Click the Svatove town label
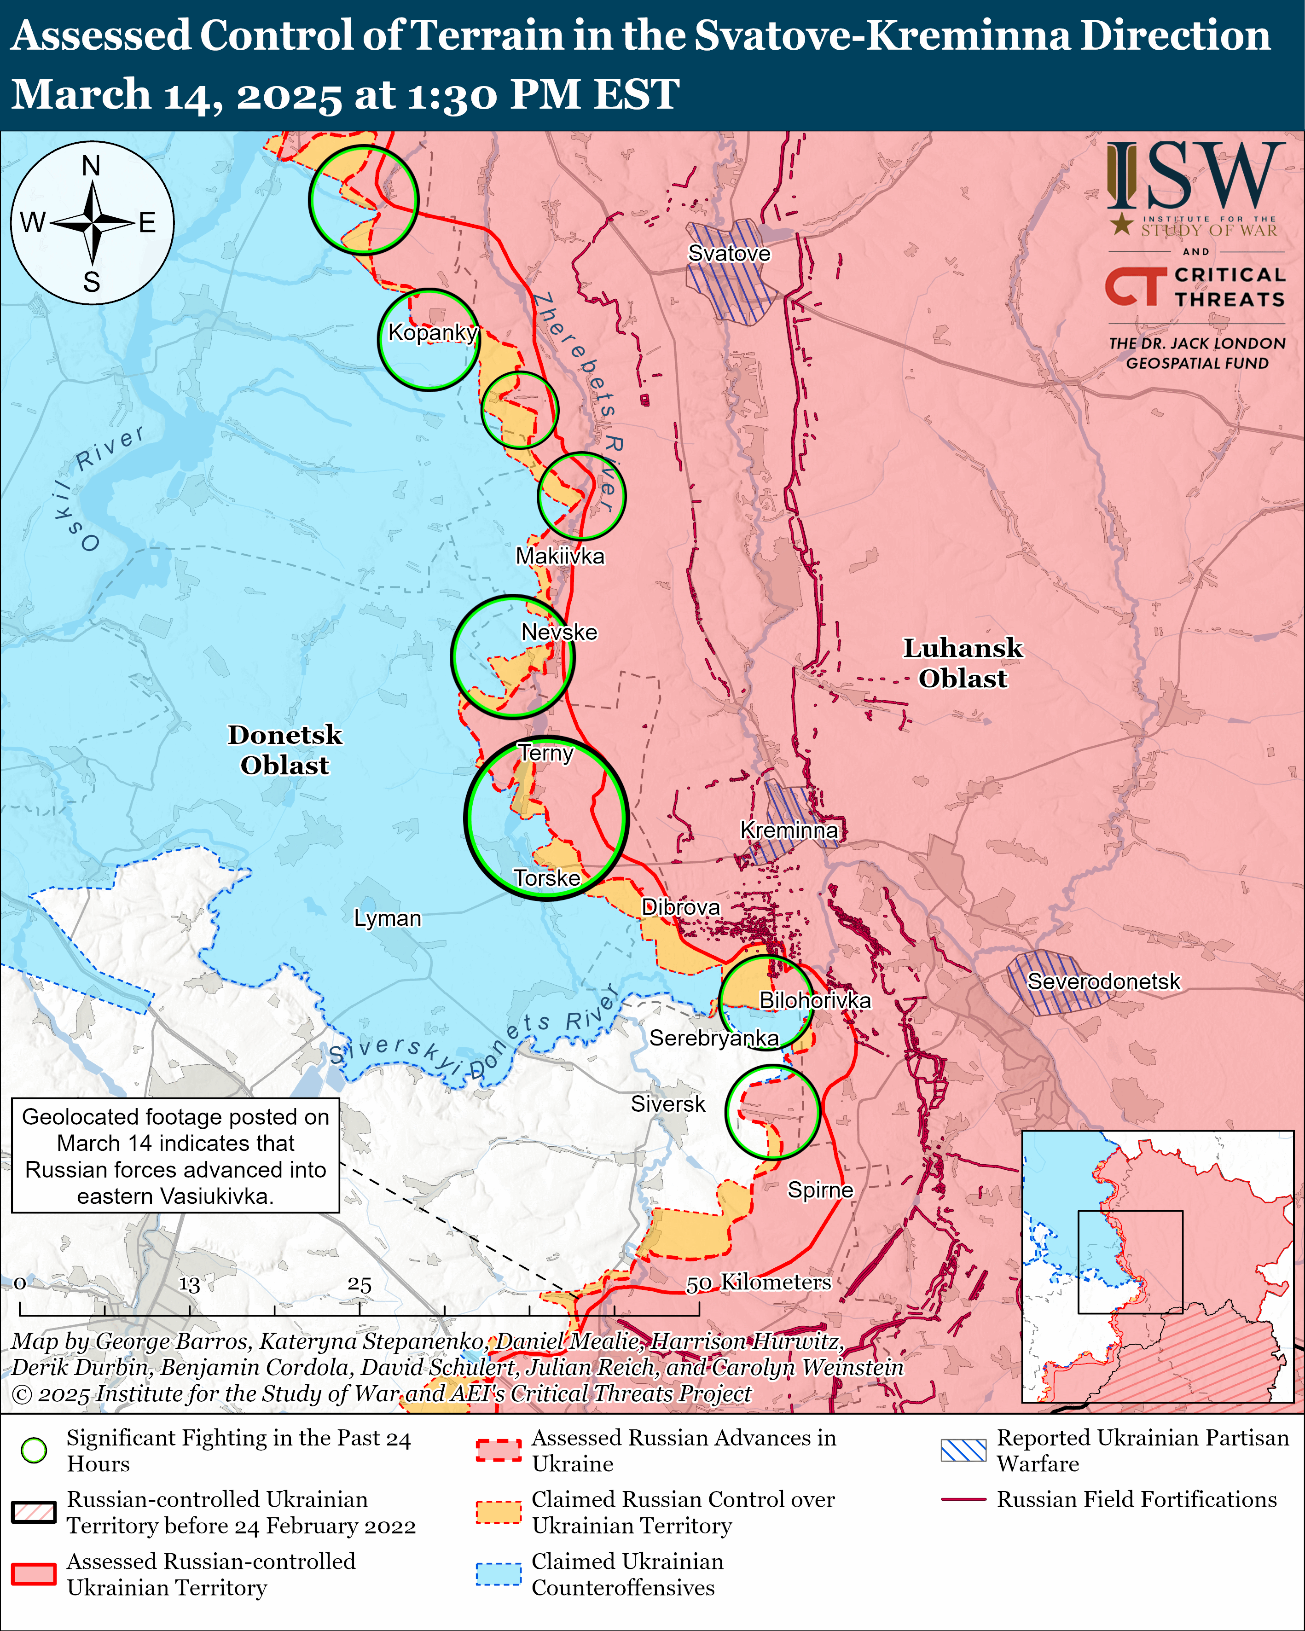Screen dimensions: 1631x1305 click(729, 254)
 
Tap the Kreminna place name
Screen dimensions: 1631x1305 click(789, 830)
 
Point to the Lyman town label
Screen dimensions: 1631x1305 click(387, 918)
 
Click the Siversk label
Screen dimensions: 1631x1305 click(667, 1104)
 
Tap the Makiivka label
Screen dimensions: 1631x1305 click(560, 556)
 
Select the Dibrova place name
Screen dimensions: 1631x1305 click(681, 906)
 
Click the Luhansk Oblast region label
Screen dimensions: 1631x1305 click(963, 663)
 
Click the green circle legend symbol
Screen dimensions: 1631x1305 click(34, 1450)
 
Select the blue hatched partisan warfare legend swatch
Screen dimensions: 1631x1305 click(963, 1450)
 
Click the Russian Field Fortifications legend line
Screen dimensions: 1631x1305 click(963, 1499)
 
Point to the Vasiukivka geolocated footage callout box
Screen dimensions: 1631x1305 click(175, 1156)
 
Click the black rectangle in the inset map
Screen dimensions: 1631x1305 click(1130, 1262)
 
